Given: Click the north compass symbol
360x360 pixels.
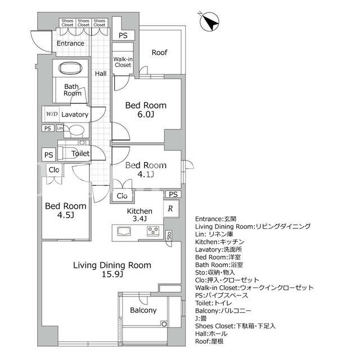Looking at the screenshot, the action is [209, 22].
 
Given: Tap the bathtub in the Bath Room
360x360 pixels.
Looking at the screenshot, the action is [70, 68].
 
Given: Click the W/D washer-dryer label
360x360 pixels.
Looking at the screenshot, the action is [52, 114].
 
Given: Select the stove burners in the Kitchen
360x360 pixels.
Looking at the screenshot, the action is [153, 231].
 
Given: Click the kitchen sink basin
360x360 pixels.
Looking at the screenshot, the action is [124, 231].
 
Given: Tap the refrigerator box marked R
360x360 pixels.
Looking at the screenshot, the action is [171, 208].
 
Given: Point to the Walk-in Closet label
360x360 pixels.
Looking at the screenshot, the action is [123, 62].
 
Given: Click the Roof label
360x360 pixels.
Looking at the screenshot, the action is [160, 52].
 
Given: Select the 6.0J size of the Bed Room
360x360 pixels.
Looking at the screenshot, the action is [146, 114].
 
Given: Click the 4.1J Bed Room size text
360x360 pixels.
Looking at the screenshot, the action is [146, 174].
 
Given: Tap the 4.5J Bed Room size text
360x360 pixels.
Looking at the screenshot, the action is [66, 215].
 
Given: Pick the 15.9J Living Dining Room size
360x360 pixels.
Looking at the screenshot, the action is [112, 274].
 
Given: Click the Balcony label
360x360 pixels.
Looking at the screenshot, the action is [143, 310].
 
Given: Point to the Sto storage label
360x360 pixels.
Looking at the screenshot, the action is [169, 236].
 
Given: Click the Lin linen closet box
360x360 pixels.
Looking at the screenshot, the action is [60, 128].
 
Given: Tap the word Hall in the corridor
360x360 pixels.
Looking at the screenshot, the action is [101, 74].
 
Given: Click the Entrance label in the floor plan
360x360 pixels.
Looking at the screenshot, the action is [70, 43].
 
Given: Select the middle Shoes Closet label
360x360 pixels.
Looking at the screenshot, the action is [83, 22].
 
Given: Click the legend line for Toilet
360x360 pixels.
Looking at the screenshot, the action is [214, 303].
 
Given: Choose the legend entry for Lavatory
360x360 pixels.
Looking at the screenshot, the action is [219, 250].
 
